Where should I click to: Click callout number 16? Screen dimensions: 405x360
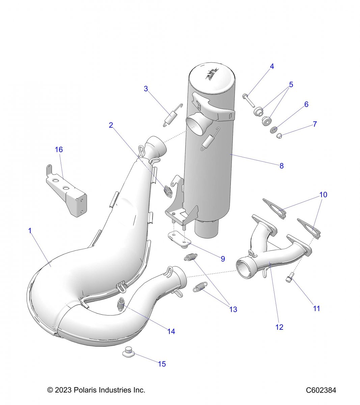pos(59,149)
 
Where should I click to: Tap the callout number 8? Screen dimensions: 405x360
pos(281,166)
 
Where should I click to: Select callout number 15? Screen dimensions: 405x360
pos(162,364)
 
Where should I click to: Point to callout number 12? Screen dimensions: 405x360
pos(279,327)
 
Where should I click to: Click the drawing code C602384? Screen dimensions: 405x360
pos(321,390)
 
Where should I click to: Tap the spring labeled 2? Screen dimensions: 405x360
pos(168,191)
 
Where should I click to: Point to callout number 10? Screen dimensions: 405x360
pos(323,195)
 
